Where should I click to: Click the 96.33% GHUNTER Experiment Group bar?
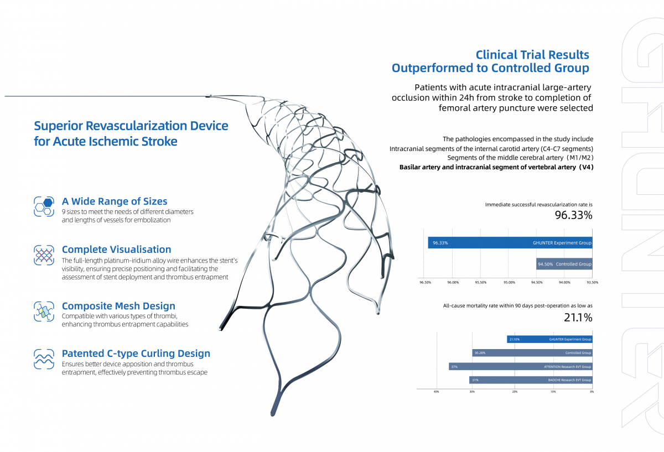click(510, 242)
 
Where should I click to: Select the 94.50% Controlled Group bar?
click(564, 264)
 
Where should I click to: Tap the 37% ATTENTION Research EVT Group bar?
click(520, 366)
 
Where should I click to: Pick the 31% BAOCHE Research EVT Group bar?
click(531, 380)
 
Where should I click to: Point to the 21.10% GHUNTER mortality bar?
click(549, 339)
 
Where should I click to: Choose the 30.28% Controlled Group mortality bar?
click(532, 352)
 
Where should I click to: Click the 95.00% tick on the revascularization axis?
click(509, 283)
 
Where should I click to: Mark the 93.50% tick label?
click(592, 283)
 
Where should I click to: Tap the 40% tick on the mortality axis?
click(437, 392)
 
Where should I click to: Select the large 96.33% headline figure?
click(573, 216)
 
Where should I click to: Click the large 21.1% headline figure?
click(578, 318)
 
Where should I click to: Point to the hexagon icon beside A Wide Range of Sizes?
click(44, 205)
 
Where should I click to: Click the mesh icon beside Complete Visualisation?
click(44, 254)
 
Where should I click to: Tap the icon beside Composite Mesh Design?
click(44, 310)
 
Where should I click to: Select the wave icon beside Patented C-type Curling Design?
click(44, 358)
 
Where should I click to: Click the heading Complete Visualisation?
click(116, 250)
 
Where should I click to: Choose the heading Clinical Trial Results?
click(532, 55)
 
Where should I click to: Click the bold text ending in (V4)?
click(496, 167)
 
